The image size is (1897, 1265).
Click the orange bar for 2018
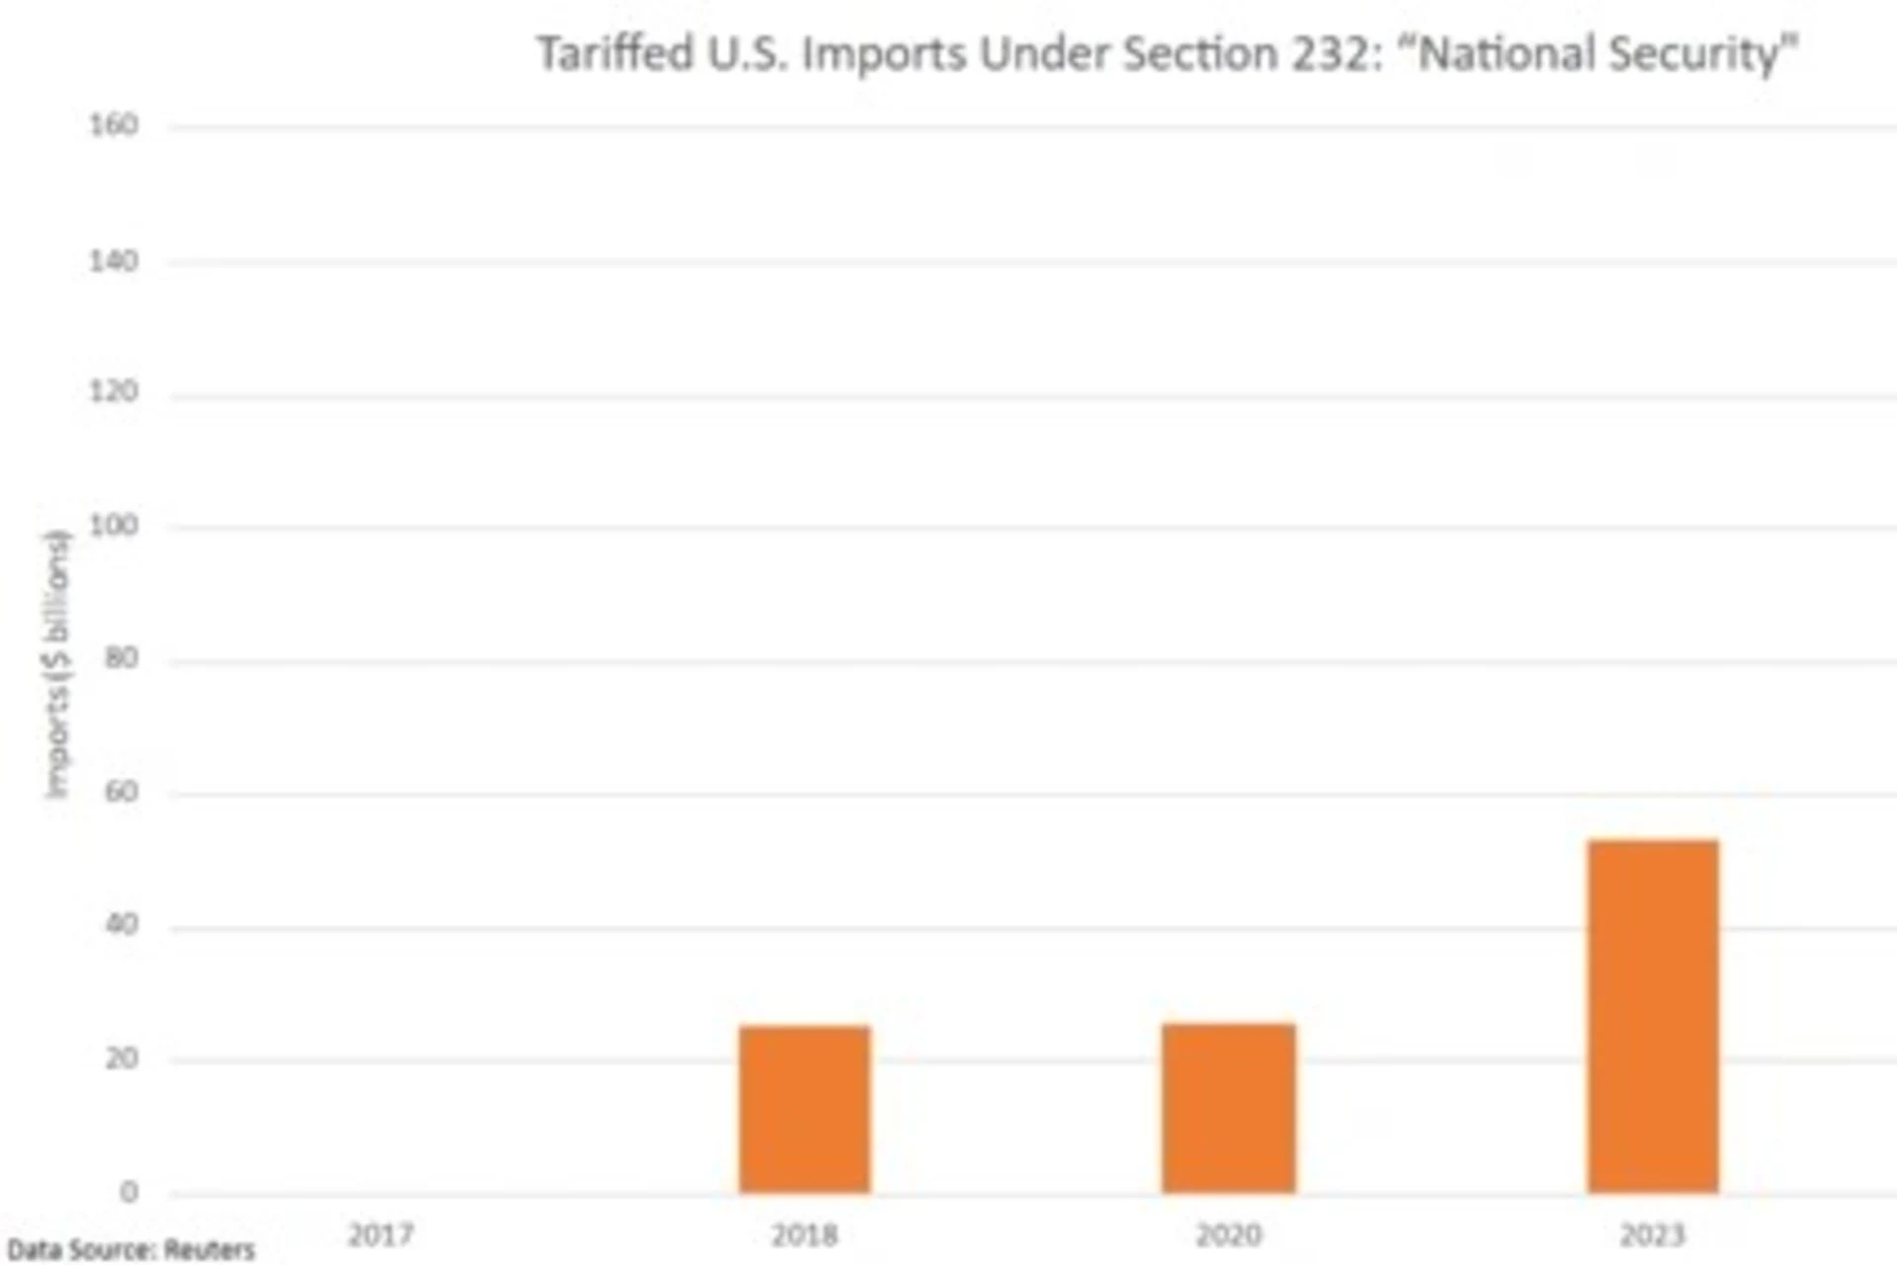pos(804,1109)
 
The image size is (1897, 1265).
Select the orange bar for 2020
pos(1228,1108)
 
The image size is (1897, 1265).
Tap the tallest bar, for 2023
pos(1653,1016)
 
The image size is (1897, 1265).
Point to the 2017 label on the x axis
pos(380,1234)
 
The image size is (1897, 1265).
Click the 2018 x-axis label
pos(804,1234)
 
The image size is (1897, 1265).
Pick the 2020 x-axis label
pos(1228,1234)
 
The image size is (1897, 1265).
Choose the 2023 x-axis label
pos(1652,1234)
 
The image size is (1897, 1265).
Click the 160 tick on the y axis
pos(114,126)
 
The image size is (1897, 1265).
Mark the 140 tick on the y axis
pos(114,261)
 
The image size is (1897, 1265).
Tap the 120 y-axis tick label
pos(114,392)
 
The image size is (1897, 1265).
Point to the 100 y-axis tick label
pos(114,525)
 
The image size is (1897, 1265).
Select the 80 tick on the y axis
pos(121,658)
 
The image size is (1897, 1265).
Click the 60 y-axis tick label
pos(121,792)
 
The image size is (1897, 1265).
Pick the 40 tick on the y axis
pos(121,925)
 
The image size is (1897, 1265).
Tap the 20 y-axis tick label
pos(121,1058)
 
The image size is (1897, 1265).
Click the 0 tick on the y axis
pos(128,1192)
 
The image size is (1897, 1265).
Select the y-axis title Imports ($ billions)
pos(58,664)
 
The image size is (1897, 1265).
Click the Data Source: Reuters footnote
pos(130,1250)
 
